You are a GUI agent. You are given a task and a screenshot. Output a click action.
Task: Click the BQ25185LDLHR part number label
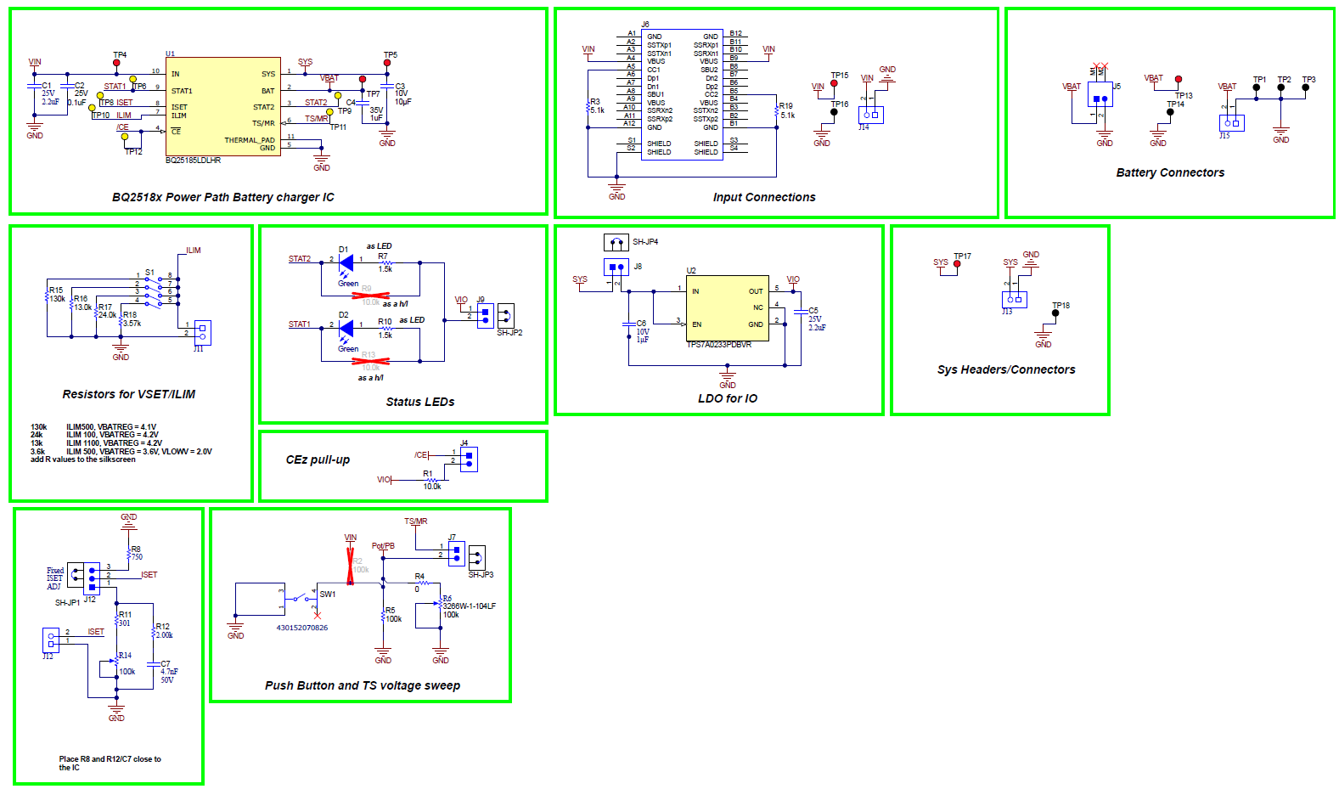click(x=193, y=160)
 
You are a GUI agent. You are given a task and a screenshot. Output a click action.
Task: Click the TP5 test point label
click(x=390, y=55)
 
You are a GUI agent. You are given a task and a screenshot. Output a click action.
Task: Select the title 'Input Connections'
click(x=763, y=197)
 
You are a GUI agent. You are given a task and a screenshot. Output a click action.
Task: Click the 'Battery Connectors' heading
click(x=1169, y=172)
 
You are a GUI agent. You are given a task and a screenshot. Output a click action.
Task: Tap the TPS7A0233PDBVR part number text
click(x=718, y=345)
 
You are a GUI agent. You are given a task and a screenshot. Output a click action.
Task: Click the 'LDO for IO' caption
click(x=727, y=398)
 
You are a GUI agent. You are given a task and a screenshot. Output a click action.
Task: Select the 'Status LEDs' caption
click(x=419, y=402)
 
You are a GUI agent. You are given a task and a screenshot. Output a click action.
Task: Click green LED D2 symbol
click(x=346, y=328)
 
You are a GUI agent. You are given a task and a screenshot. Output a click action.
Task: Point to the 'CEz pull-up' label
click(x=318, y=459)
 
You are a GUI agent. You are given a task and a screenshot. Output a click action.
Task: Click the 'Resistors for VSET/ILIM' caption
click(x=128, y=394)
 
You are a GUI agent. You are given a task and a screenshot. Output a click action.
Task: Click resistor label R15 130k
click(x=56, y=295)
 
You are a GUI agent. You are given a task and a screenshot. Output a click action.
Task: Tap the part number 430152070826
click(x=301, y=628)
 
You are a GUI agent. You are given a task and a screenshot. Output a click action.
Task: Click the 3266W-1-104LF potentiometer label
click(x=469, y=606)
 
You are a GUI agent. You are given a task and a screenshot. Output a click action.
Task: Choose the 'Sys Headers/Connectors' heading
click(x=1005, y=369)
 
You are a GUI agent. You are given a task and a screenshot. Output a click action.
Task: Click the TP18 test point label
click(x=1061, y=306)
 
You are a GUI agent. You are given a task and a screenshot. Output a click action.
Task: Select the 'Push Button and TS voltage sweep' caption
click(x=362, y=685)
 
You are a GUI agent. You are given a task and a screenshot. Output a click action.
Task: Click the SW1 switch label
click(x=327, y=595)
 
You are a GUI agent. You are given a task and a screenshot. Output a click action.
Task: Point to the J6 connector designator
click(x=645, y=25)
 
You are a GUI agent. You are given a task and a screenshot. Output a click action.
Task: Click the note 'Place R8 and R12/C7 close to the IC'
click(x=110, y=763)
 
